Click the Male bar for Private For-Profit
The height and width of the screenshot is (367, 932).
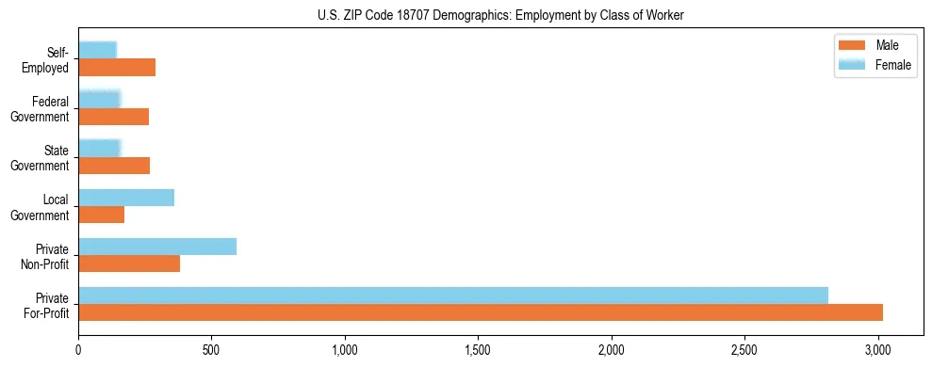[x=481, y=312]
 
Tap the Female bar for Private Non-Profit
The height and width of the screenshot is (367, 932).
[x=157, y=247]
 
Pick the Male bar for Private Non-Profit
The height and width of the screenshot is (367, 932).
[x=129, y=263]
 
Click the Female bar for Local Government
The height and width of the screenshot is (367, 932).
[x=126, y=198]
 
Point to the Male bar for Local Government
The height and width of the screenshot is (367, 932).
[x=102, y=215]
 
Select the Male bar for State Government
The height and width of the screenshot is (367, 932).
[x=114, y=166]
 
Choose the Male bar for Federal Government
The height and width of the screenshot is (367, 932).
[x=114, y=117]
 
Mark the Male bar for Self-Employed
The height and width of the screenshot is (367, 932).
[x=117, y=68]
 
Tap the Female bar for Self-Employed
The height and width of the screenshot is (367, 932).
[x=98, y=51]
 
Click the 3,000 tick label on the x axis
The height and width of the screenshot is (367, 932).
[x=878, y=351]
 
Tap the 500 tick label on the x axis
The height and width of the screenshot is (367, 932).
[x=212, y=351]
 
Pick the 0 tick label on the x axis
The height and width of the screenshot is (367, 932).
[x=79, y=351]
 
